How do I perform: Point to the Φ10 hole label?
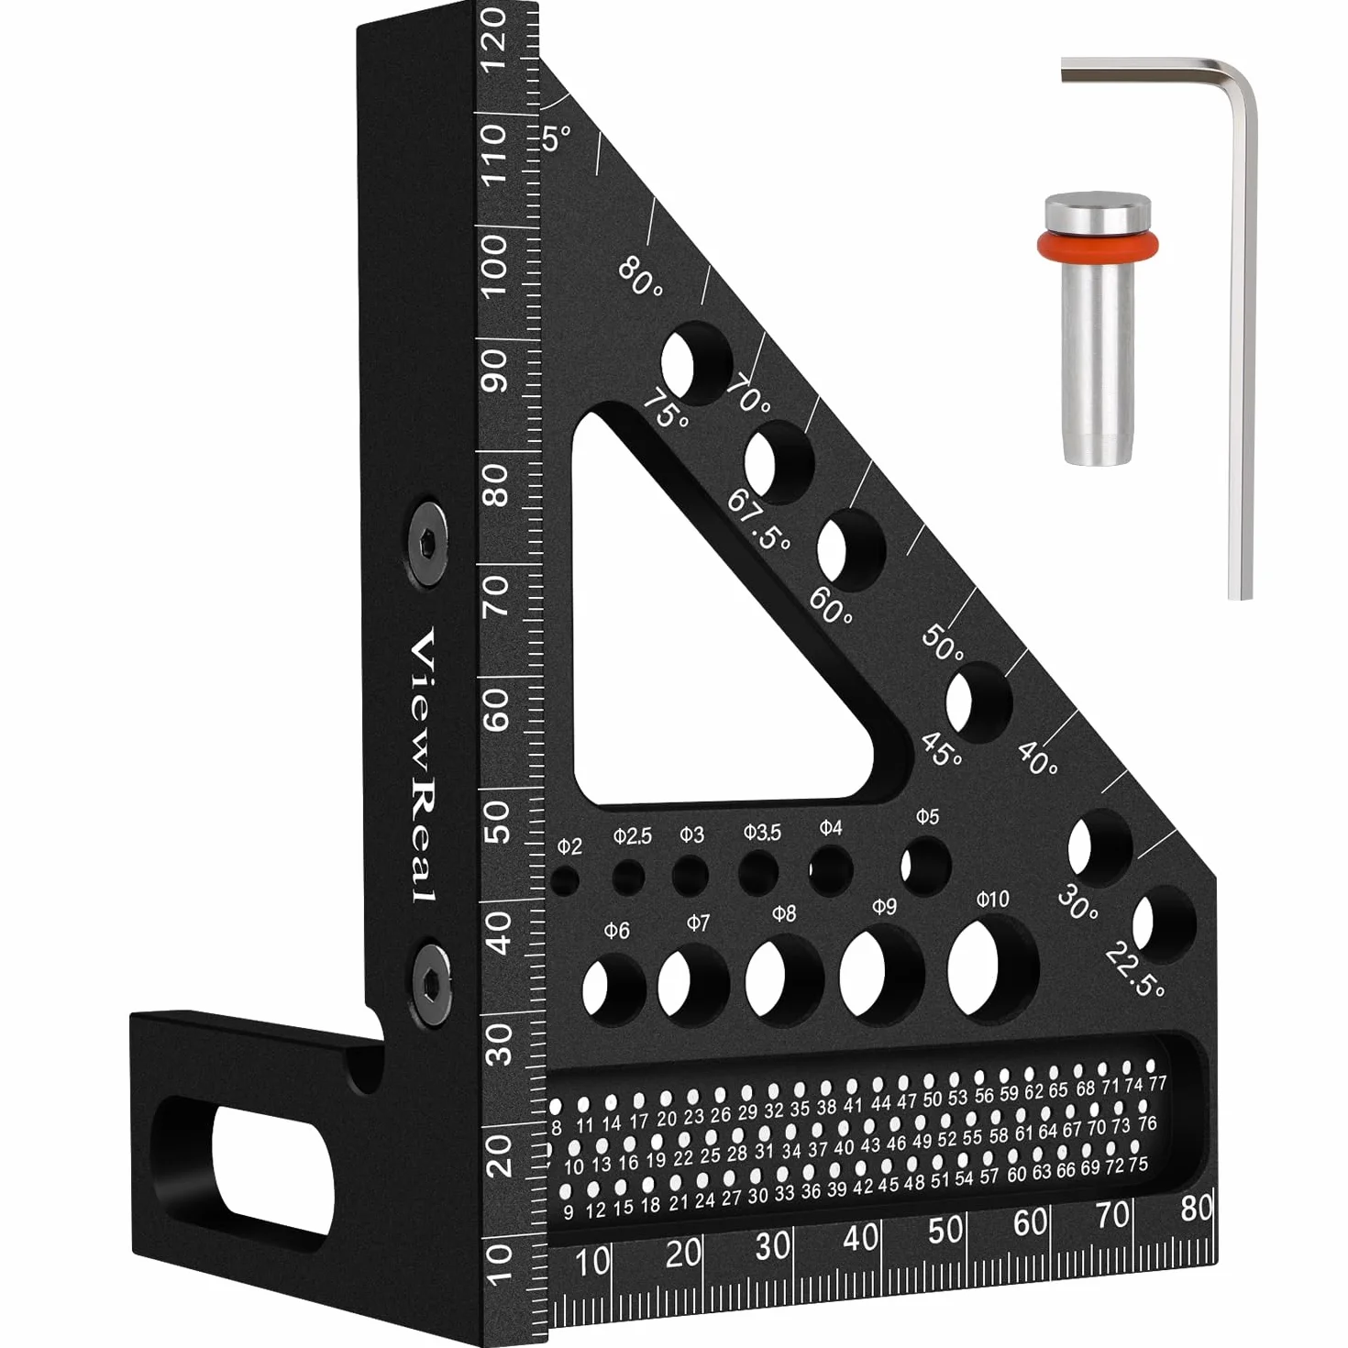(992, 899)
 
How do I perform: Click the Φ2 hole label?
(569, 847)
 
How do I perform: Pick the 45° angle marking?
(943, 749)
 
